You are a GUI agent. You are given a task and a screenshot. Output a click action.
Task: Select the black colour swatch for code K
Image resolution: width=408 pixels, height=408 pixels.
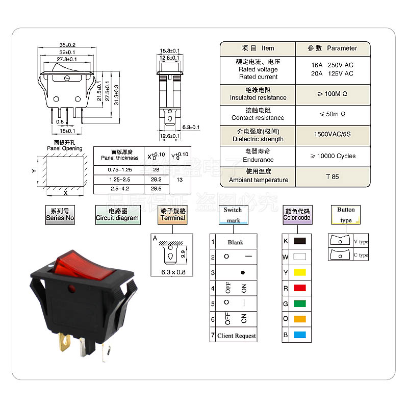[300, 241]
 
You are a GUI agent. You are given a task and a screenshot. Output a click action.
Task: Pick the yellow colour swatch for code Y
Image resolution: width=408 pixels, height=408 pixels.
[300, 272]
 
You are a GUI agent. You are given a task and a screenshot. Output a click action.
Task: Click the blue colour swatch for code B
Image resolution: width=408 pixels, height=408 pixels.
[300, 335]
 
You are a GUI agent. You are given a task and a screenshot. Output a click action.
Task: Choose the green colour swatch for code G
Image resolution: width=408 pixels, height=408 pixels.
[300, 303]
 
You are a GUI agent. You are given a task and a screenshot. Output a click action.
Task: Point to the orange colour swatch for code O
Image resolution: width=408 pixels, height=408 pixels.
[300, 319]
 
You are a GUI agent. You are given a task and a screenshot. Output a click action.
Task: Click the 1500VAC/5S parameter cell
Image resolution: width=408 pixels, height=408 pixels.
[333, 135]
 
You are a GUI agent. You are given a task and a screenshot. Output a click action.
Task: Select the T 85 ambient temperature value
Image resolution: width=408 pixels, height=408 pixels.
[333, 176]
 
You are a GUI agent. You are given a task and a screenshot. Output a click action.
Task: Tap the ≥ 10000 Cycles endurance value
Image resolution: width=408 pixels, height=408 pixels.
[333, 156]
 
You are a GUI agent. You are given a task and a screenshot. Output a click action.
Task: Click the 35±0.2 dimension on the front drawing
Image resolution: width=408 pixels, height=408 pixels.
[67, 45]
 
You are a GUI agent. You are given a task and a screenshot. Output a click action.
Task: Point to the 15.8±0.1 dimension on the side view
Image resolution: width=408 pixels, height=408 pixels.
[170, 51]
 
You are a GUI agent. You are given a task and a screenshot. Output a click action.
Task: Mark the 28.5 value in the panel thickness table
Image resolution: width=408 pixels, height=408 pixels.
[156, 189]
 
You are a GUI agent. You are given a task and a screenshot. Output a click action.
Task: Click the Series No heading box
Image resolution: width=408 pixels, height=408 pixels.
[60, 214]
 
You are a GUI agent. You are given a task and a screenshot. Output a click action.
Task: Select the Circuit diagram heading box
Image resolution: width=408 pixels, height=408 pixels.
[117, 214]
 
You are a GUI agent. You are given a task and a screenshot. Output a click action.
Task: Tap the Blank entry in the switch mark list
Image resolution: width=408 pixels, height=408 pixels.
[236, 242]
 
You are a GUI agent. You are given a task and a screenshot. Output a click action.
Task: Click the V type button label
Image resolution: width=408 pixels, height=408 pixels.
[361, 242]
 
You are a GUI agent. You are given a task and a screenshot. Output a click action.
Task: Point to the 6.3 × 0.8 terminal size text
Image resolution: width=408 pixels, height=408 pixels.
[173, 271]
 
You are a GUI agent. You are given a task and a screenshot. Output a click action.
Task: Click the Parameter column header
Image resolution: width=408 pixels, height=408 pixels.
[333, 48]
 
